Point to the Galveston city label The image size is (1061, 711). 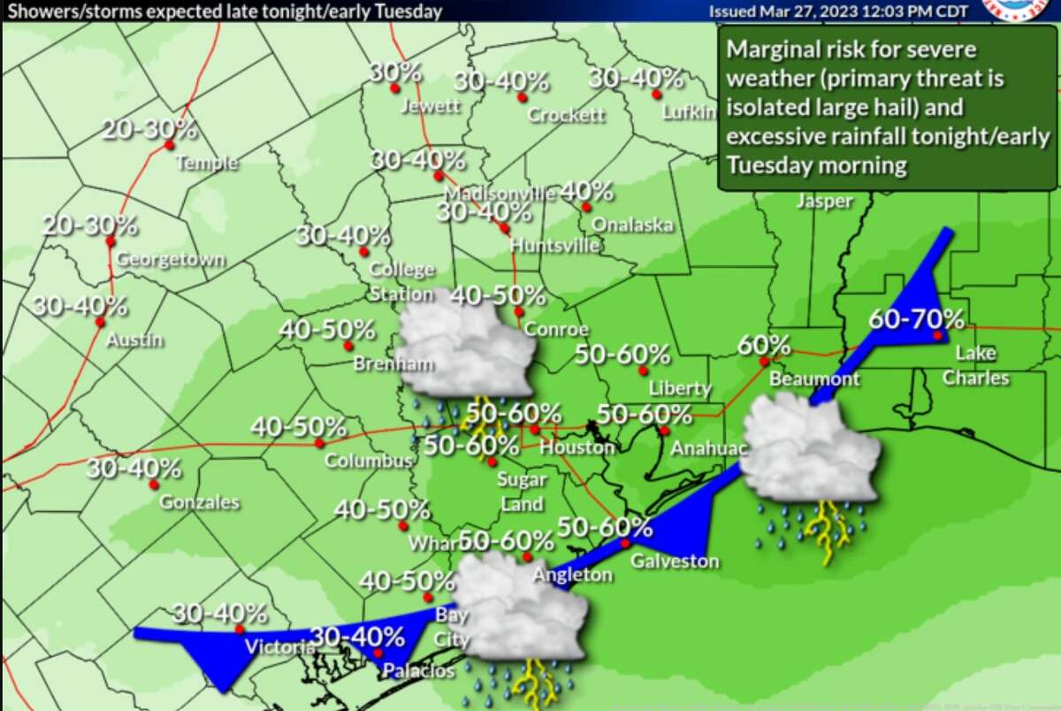tap(674, 561)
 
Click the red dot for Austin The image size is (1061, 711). tap(99, 322)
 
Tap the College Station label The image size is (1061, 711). tap(401, 281)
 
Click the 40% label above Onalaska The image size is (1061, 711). tap(586, 190)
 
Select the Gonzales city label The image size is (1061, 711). tap(199, 502)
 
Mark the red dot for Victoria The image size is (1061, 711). tap(240, 629)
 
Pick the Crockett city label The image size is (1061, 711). tap(566, 115)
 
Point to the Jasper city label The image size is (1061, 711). tap(824, 202)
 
